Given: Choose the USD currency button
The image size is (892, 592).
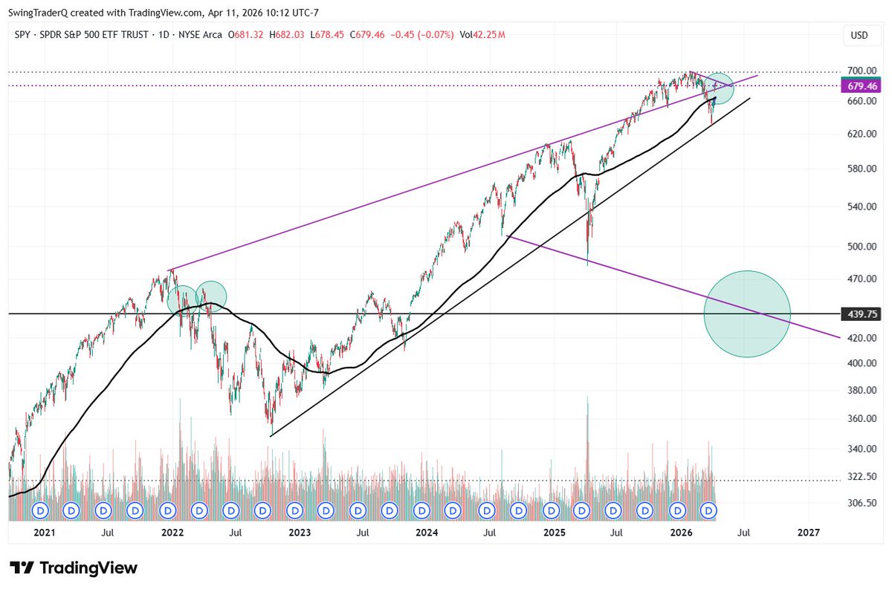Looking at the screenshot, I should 859,35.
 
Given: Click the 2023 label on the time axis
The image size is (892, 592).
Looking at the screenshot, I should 300,533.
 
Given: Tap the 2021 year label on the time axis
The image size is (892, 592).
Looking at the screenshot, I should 45,533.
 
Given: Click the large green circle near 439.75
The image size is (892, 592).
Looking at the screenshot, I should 747,314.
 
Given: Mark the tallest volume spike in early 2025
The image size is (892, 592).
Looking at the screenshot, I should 587,401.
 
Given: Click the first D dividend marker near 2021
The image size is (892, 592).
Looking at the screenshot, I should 40,510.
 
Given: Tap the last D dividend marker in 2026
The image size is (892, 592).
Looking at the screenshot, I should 709,510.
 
